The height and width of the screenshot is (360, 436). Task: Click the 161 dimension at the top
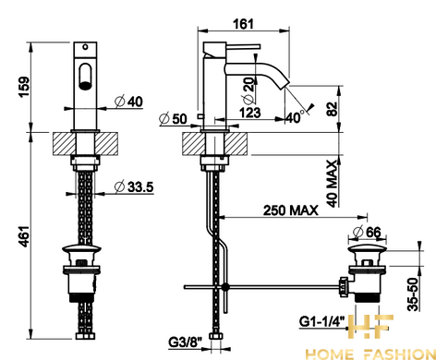(244, 24)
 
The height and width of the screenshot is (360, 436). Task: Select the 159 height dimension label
(25, 87)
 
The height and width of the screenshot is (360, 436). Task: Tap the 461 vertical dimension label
(25, 236)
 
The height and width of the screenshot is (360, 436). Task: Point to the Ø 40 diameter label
(129, 102)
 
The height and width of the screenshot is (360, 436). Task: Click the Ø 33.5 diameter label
(134, 186)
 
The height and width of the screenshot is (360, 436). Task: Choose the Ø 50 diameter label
(173, 119)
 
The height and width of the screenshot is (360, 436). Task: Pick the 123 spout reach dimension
(250, 113)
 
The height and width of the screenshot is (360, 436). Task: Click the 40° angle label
(295, 117)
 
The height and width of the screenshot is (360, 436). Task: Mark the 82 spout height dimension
(332, 109)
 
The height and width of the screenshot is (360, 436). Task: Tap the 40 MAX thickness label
(332, 184)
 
